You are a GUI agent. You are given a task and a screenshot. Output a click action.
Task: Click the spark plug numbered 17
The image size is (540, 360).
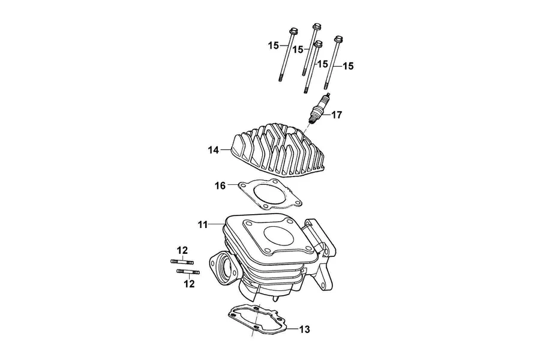point(319,109)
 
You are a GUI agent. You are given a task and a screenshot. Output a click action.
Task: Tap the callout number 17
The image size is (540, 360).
point(337,115)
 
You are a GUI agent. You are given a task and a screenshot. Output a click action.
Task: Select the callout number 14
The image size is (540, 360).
point(213,150)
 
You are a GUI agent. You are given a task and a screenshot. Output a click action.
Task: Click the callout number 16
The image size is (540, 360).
point(220,185)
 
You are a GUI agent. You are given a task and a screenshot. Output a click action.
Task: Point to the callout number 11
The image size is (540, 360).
point(203,225)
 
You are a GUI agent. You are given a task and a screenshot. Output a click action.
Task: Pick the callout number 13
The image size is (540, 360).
point(304,329)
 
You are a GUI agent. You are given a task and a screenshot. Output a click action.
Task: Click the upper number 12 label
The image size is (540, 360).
point(182,250)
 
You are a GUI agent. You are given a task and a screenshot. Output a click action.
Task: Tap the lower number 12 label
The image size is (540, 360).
point(189,284)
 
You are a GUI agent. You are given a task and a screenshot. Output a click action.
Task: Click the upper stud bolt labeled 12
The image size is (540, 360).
point(182,262)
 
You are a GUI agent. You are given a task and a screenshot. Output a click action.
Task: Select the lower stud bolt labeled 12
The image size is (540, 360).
point(188,272)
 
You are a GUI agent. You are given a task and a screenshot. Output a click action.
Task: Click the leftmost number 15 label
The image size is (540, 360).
point(274,46)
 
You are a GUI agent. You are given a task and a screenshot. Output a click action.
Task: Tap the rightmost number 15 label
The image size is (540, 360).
point(348,66)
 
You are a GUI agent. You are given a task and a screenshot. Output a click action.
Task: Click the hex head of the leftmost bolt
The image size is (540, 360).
point(293,31)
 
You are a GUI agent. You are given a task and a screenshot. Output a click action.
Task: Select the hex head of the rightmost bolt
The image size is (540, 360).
point(339,38)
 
